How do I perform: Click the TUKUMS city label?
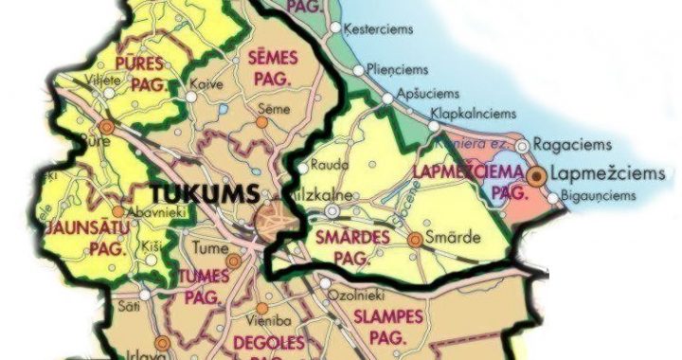pos(203,193)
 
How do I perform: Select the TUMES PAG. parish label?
pos(204,284)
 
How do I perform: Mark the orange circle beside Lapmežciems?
pos(537,175)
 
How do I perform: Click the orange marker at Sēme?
pos(262,121)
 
